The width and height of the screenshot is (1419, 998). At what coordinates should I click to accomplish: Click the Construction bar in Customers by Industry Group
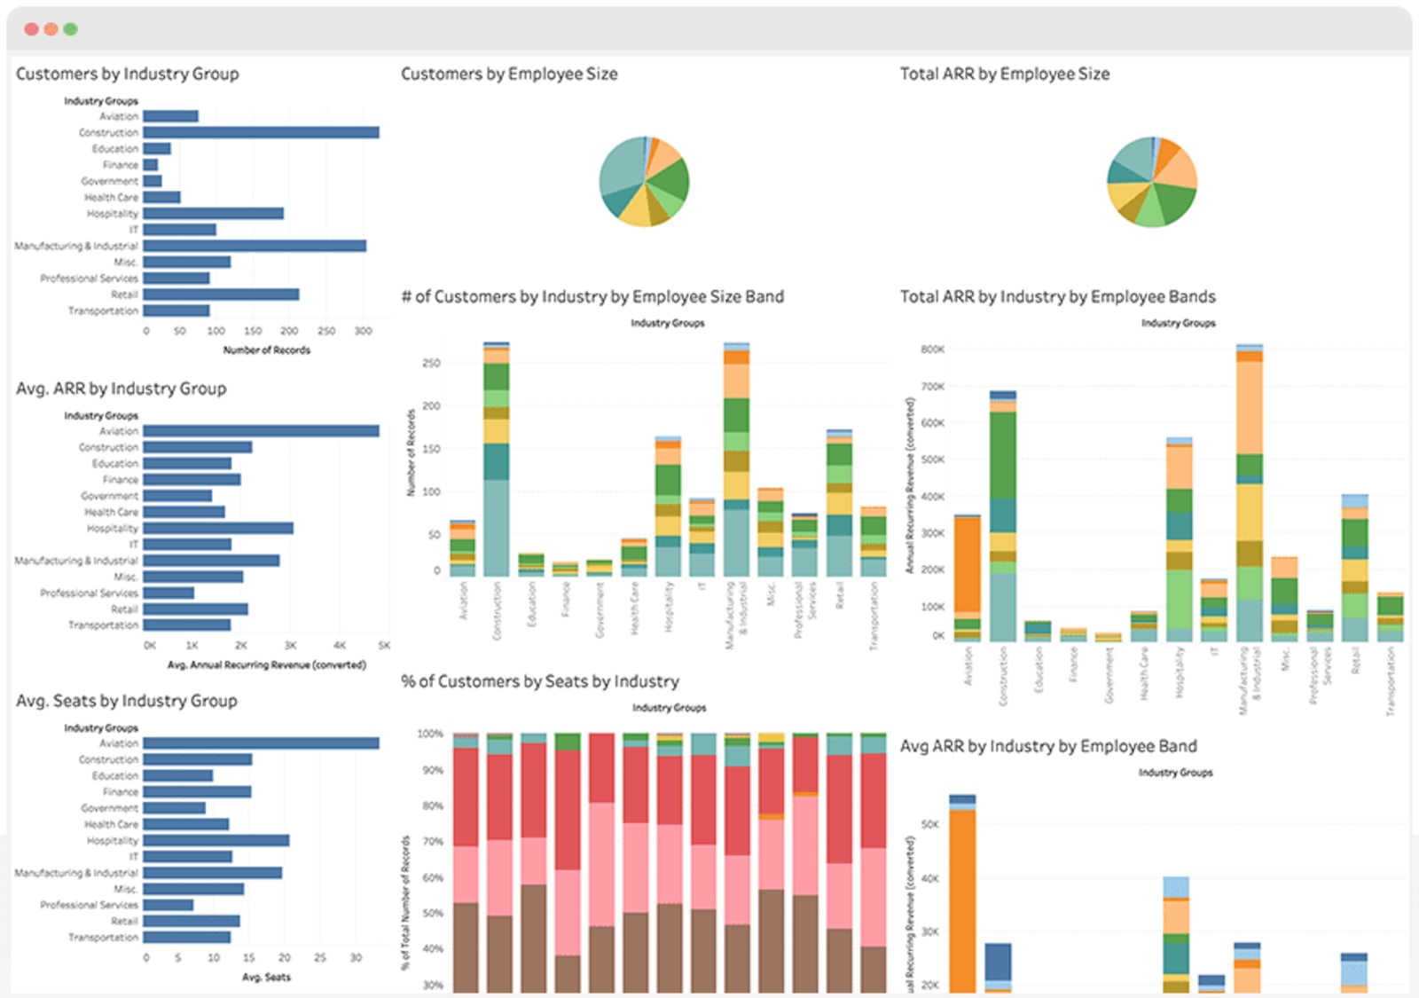click(x=261, y=132)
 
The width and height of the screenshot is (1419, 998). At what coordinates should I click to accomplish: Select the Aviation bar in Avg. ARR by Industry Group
click(x=261, y=431)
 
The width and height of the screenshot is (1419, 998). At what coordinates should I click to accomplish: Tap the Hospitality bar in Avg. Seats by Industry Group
click(x=216, y=840)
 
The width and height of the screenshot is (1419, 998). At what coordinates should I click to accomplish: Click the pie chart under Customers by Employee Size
click(x=644, y=181)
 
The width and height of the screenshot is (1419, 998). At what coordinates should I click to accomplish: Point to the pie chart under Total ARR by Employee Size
click(x=1152, y=181)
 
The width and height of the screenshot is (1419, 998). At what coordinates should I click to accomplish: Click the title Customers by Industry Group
click(x=127, y=74)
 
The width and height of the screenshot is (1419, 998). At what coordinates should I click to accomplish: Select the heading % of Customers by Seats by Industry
click(x=539, y=681)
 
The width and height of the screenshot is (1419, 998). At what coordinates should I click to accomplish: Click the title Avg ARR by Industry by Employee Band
click(x=1048, y=746)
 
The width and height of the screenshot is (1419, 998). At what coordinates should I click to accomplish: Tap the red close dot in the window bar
click(x=31, y=29)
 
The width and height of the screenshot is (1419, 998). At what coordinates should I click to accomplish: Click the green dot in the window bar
click(x=71, y=29)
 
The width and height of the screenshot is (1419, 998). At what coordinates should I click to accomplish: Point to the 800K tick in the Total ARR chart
click(x=932, y=350)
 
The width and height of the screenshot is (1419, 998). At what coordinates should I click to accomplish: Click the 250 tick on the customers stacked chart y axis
click(x=431, y=363)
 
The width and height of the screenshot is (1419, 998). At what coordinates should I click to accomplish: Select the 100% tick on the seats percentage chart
click(x=430, y=734)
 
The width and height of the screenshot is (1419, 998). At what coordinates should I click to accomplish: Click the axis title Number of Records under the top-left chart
click(x=266, y=350)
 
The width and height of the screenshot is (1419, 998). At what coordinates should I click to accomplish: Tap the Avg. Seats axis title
click(x=266, y=977)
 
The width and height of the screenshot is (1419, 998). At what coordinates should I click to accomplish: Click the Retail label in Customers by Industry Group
click(x=124, y=295)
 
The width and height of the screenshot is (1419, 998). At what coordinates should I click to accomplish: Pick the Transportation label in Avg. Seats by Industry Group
click(x=103, y=938)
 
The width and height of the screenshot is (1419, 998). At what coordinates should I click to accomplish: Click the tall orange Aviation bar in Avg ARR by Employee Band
click(x=962, y=896)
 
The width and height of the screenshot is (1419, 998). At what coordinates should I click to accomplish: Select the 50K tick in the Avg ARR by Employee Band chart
click(x=929, y=824)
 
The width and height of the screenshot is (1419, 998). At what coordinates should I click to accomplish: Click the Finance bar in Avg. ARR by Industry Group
click(x=192, y=480)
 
